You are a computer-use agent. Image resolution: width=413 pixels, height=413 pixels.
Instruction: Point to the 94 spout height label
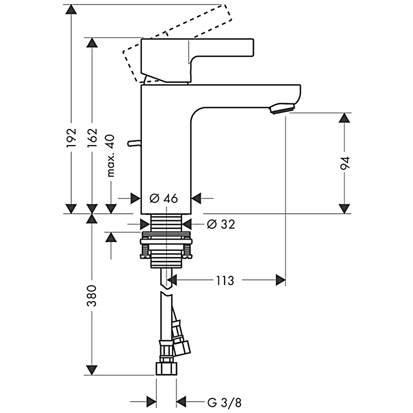tap(345, 164)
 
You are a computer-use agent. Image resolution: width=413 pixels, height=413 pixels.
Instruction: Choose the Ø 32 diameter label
tap(220, 224)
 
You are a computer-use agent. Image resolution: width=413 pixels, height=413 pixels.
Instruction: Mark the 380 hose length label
tap(91, 295)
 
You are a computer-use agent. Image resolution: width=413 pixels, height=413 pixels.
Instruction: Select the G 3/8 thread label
tap(224, 402)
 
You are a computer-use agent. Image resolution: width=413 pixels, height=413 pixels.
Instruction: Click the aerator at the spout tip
tap(281, 108)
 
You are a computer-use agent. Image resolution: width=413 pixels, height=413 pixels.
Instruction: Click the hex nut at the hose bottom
tap(166, 369)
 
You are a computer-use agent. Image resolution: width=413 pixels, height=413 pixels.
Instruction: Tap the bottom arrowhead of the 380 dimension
tap(91, 370)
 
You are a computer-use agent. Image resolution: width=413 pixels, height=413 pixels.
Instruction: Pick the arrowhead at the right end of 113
tap(280, 280)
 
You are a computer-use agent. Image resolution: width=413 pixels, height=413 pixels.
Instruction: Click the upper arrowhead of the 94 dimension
tap(344, 118)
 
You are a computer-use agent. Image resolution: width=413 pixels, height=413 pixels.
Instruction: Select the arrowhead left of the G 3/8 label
tap(151, 402)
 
